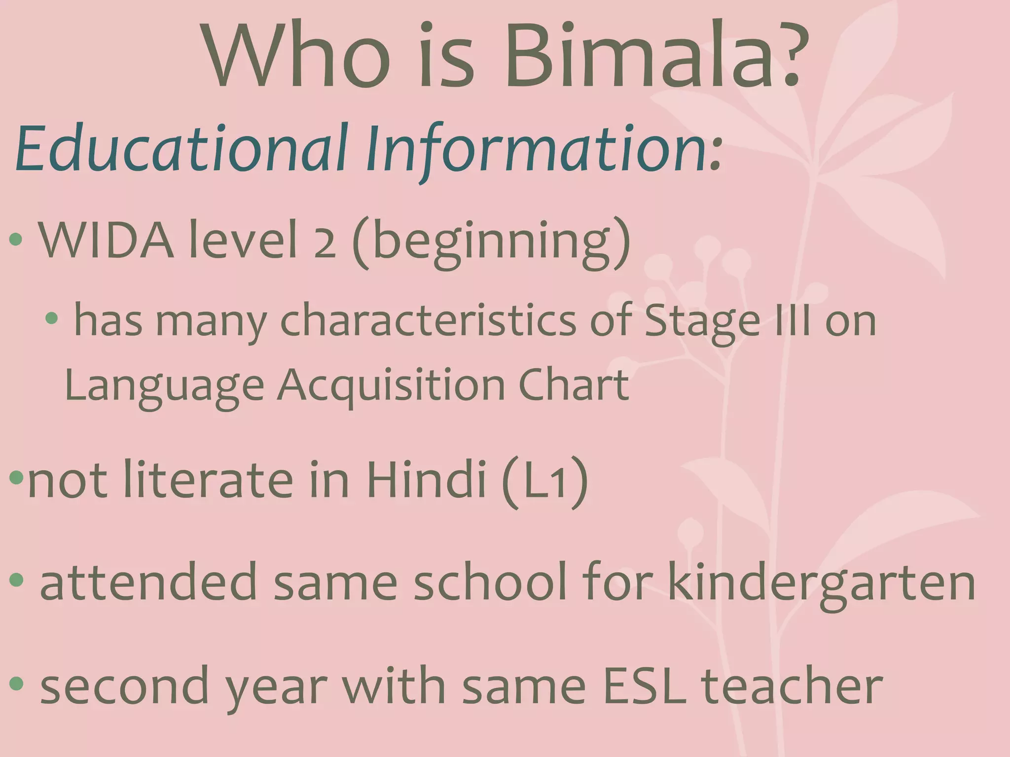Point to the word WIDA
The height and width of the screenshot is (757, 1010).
[106, 240]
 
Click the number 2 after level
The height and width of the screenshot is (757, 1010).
[324, 243]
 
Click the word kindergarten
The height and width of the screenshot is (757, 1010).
[821, 584]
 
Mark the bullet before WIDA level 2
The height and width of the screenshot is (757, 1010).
[16, 240]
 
